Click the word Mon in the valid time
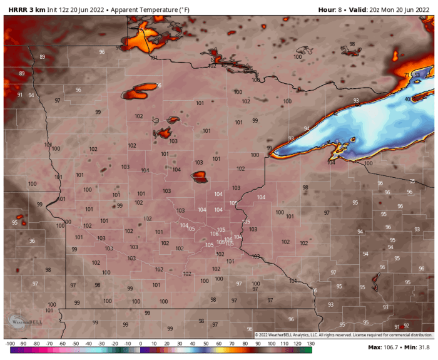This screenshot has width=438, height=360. tap(383, 9)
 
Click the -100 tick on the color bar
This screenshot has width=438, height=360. tap(10, 344)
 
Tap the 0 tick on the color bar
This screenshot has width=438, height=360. tap(140, 344)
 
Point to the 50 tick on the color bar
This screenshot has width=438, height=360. tap(205, 344)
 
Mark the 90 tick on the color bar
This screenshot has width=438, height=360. tap(257, 344)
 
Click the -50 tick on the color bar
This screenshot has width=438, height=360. tap(75, 344)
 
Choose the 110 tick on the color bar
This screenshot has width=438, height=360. tap(283, 344)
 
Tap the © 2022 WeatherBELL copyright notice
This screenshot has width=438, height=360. tap(344, 335)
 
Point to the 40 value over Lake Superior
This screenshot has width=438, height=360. tap(407, 99)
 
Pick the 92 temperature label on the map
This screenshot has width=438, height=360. tap(406, 326)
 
